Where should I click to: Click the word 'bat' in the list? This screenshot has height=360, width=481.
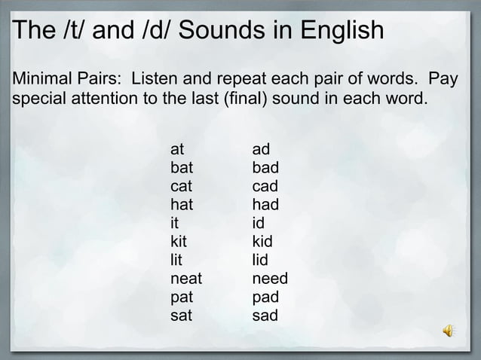[x=181, y=168]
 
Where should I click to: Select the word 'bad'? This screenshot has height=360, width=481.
[x=265, y=168]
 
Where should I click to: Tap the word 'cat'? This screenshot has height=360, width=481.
[x=181, y=186]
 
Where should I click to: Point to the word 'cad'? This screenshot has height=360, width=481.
[x=265, y=186]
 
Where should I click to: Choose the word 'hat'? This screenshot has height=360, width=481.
[x=181, y=205]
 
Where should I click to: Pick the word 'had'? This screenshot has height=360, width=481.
[x=265, y=205]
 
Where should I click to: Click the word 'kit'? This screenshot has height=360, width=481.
[x=179, y=242]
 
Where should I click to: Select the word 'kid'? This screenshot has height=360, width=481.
[x=262, y=242]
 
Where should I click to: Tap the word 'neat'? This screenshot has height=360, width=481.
[x=186, y=279]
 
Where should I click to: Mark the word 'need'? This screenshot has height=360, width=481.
[x=270, y=279]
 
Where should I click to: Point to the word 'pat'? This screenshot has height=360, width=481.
[x=181, y=297]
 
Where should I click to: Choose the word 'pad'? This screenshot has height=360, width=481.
[x=265, y=297]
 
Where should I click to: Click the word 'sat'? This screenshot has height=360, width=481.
[x=181, y=316]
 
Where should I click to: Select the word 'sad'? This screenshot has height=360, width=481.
[x=265, y=316]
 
